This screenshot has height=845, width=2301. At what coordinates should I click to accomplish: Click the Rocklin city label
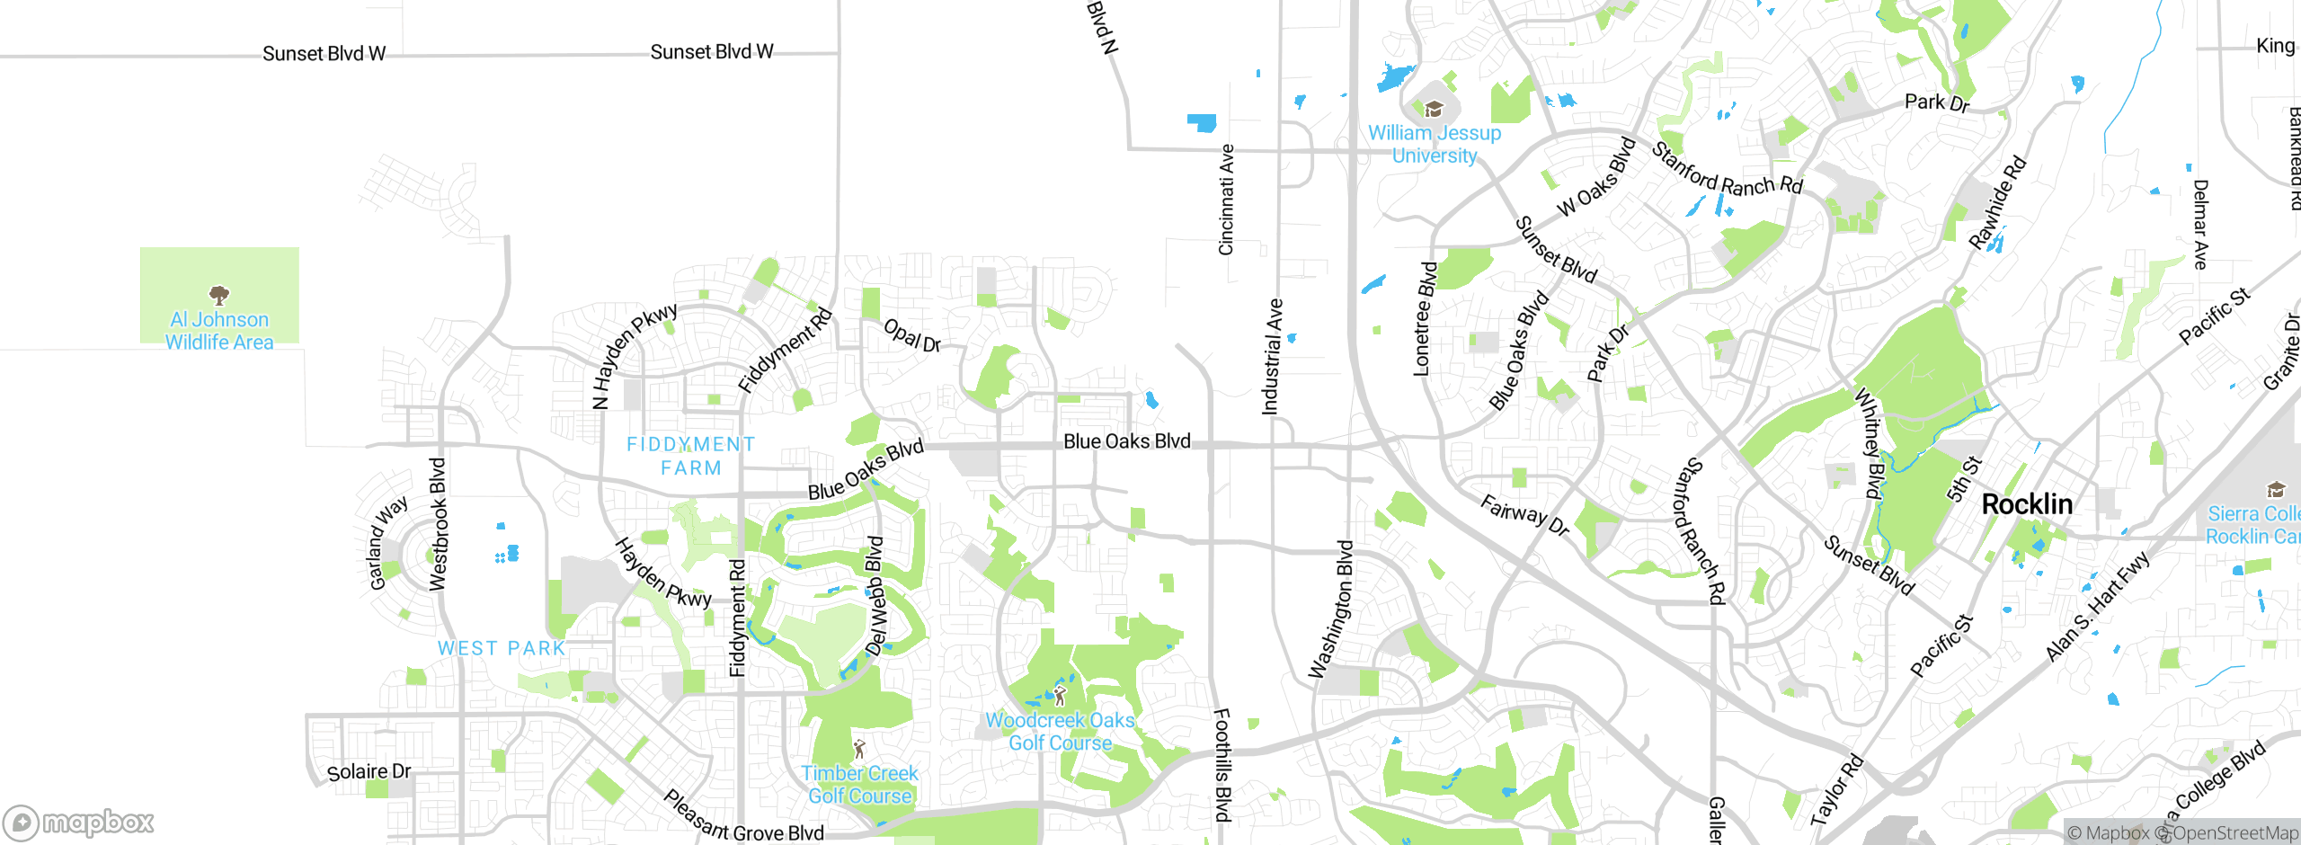[x=2027, y=504]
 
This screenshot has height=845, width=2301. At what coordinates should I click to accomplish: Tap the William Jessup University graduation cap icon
[x=1434, y=110]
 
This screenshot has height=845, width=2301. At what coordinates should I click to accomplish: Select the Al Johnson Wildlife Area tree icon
[x=218, y=294]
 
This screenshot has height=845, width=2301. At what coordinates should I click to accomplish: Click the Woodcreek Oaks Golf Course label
[x=1060, y=732]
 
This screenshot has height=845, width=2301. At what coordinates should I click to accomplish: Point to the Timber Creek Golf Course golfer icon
[x=859, y=749]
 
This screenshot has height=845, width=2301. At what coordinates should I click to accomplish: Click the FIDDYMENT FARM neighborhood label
[x=690, y=456]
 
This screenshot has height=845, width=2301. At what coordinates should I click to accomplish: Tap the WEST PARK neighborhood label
[x=502, y=648]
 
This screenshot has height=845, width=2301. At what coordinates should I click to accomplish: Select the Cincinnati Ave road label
[x=1226, y=200]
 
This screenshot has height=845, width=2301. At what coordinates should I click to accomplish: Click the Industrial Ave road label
[x=1273, y=356]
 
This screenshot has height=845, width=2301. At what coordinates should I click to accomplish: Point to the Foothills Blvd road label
[x=1222, y=765]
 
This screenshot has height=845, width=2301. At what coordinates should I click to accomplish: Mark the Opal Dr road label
[x=912, y=335]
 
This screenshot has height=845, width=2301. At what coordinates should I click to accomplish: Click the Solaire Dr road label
[x=369, y=772]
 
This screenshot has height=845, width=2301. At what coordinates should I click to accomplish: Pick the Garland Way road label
[x=387, y=542]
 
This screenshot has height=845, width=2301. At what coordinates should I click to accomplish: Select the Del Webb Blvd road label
[x=875, y=595]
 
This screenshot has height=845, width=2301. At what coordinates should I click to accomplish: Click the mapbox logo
[x=79, y=823]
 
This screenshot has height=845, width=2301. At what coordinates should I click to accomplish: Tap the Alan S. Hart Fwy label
[x=2097, y=606]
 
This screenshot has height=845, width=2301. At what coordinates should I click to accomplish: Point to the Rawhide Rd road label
[x=1997, y=202]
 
